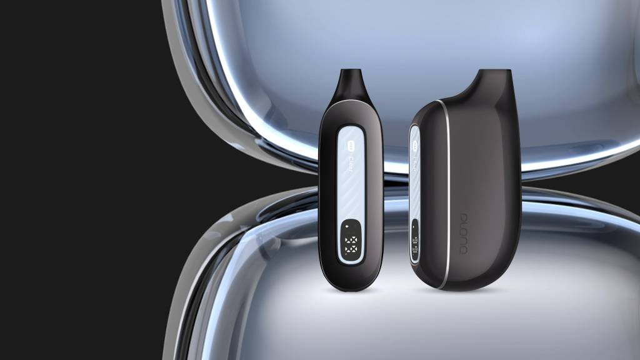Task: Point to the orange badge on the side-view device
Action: pos(413,144)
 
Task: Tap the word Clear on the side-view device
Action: pos(414,163)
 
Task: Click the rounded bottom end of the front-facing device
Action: pos(351,286)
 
